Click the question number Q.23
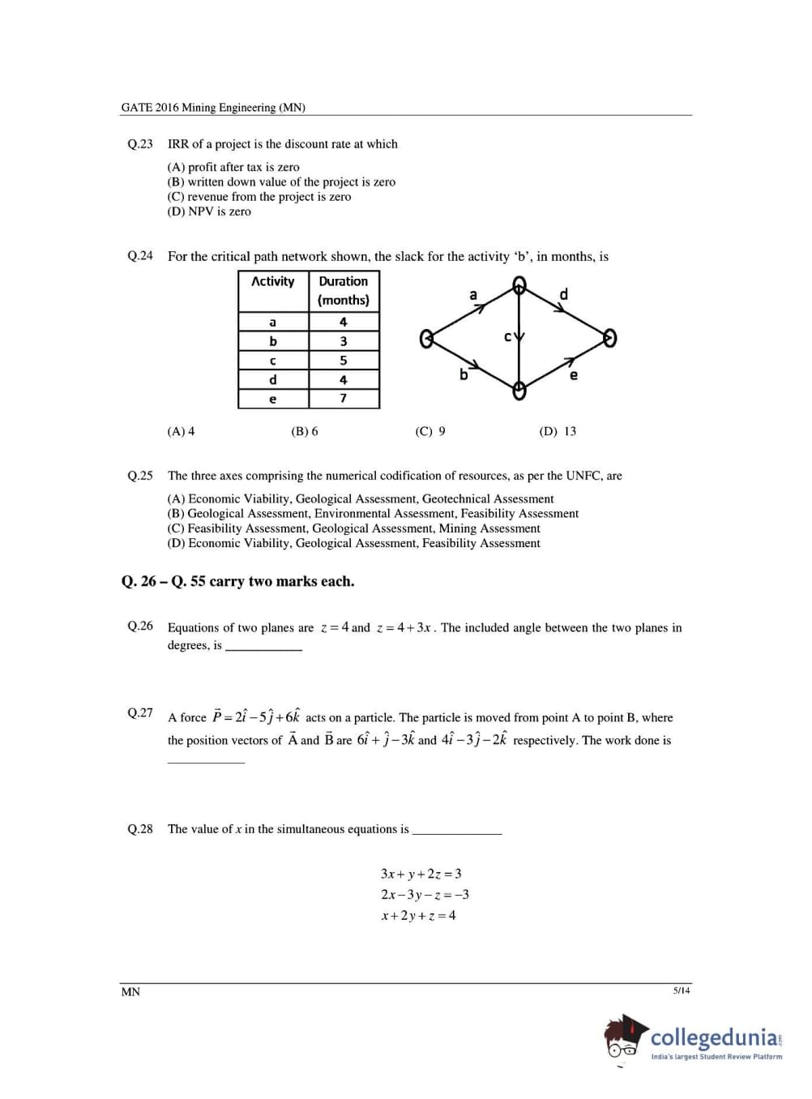(139, 144)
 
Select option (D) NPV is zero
(209, 212)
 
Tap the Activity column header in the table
(272, 281)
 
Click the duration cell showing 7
(344, 399)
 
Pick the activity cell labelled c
(272, 361)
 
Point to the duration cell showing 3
(344, 341)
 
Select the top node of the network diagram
(519, 285)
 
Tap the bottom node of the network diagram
(519, 390)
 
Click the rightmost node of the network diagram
(610, 338)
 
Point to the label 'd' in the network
(564, 294)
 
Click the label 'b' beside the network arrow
(464, 374)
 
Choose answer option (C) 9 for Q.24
(430, 431)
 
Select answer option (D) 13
(558, 431)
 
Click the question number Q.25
(139, 476)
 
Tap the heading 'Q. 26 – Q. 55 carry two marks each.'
(237, 581)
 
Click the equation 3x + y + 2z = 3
(421, 874)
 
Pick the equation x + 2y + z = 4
(418, 916)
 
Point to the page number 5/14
(681, 990)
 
